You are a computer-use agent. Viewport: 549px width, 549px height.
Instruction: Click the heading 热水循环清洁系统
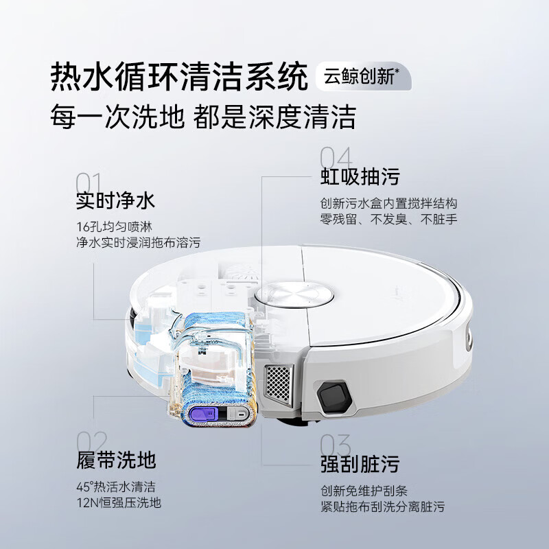[x=179, y=77]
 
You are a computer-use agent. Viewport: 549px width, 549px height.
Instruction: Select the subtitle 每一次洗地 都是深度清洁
[x=203, y=117]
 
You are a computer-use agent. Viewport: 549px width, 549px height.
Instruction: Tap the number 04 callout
[x=336, y=157]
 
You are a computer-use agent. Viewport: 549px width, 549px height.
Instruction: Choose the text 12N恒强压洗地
[x=119, y=502]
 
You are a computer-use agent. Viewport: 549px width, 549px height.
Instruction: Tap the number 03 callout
[x=336, y=447]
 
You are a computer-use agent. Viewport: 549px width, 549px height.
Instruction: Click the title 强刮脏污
[x=360, y=464]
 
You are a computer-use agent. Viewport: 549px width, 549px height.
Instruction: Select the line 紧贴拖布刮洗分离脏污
[x=382, y=506]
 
